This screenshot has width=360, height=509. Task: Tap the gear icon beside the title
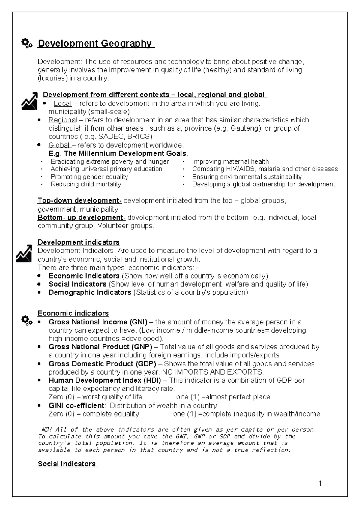click(x=27, y=44)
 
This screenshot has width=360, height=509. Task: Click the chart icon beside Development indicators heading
click(x=24, y=253)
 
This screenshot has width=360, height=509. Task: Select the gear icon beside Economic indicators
click(x=27, y=321)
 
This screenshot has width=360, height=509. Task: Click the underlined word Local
click(x=62, y=104)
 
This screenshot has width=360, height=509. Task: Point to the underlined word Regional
click(x=63, y=120)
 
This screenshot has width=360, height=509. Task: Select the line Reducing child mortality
click(x=86, y=184)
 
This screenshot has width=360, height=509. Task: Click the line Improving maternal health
click(x=230, y=162)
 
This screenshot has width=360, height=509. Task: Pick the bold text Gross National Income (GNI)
click(x=98, y=322)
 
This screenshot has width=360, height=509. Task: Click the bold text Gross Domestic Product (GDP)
click(x=102, y=364)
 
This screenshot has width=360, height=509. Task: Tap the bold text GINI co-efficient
click(x=76, y=405)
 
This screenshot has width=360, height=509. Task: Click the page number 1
click(x=320, y=483)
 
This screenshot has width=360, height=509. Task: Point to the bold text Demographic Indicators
click(x=90, y=292)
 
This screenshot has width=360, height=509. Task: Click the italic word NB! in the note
click(x=46, y=430)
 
